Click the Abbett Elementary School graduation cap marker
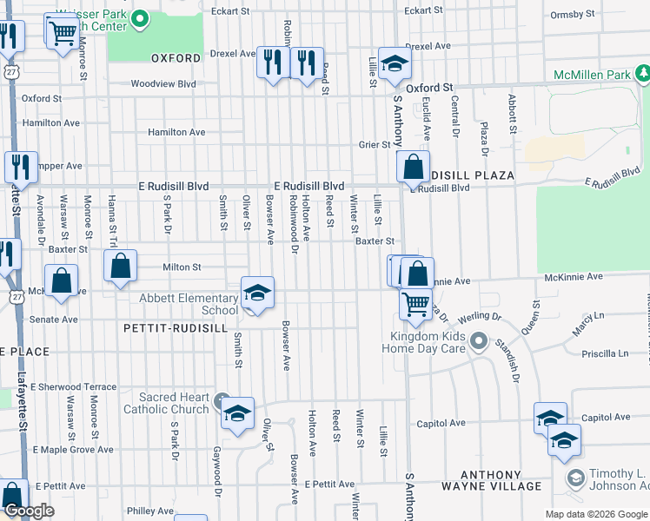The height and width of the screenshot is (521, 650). (257, 293)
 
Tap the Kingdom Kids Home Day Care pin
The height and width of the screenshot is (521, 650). (477, 341)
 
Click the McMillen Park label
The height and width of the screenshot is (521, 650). (593, 76)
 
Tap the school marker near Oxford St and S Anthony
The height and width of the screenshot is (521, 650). (395, 63)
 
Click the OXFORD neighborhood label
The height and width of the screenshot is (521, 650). (170, 59)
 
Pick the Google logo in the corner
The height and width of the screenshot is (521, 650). (28, 511)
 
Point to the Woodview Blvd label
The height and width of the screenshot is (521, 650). (163, 84)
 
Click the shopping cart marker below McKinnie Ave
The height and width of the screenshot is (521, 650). (416, 305)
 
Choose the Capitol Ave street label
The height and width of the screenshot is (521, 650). (441, 424)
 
